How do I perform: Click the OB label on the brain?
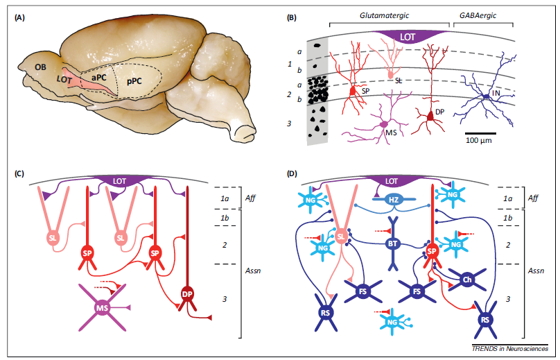(41, 66)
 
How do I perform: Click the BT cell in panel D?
(392, 243)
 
